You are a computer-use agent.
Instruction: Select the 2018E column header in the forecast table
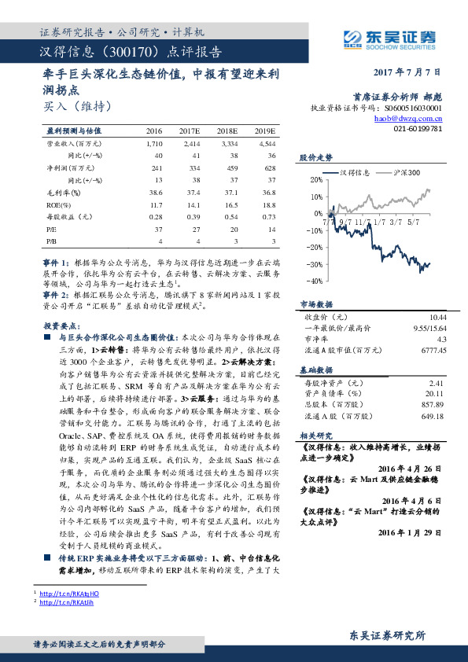pos(227,131)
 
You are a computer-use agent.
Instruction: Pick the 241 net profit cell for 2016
pos(154,167)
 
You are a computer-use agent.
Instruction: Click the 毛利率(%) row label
pos(61,191)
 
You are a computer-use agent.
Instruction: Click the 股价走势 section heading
pos(315,157)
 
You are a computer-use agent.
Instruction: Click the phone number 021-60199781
pos(417,127)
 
